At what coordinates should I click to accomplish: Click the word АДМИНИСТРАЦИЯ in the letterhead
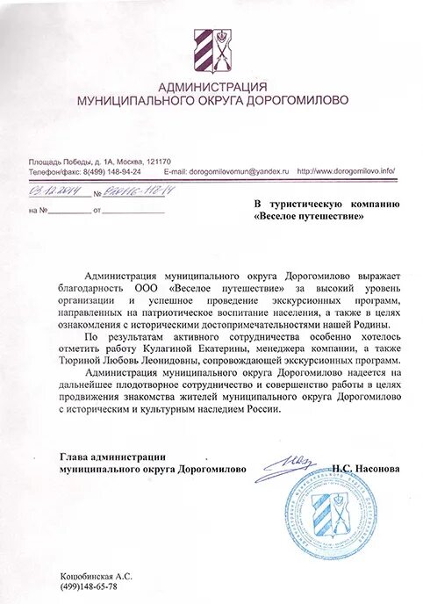point(211,87)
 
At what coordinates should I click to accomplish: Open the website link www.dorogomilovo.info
point(351,171)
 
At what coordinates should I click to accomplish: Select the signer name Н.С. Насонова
point(367,469)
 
